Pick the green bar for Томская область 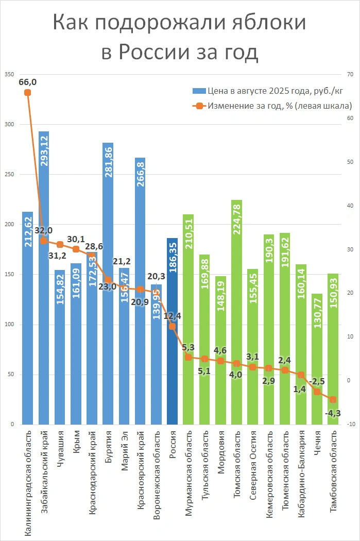click(x=237, y=309)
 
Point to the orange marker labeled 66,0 click(x=27, y=93)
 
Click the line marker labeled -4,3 click(x=333, y=399)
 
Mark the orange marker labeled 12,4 click(x=173, y=326)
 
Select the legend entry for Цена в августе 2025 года click(x=267, y=91)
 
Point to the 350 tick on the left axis click(x=9, y=75)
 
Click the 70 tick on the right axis click(x=350, y=75)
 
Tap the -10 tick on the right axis click(x=351, y=425)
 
